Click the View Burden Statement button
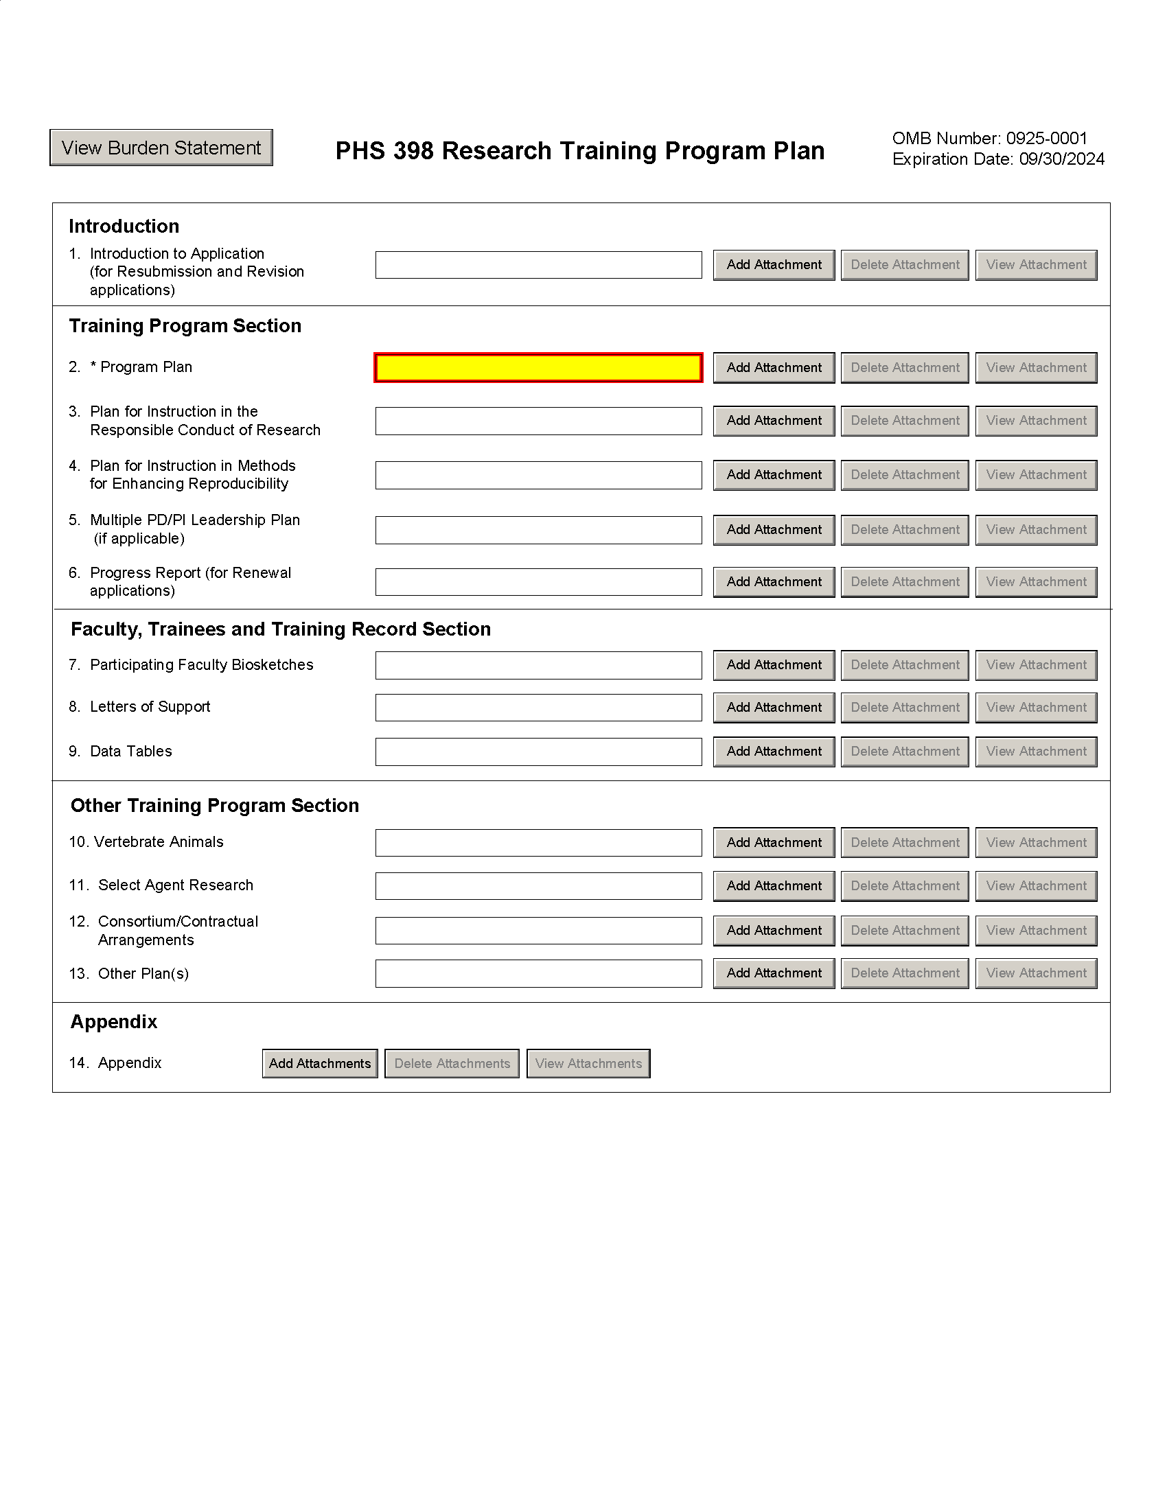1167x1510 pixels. (x=161, y=148)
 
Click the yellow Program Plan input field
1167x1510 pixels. (x=538, y=368)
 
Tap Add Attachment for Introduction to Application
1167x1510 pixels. (x=774, y=265)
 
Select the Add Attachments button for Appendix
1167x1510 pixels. (x=319, y=1063)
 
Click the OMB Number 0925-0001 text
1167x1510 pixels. (x=989, y=138)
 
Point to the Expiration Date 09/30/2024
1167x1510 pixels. (x=997, y=159)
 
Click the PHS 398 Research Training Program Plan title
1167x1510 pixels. (x=579, y=151)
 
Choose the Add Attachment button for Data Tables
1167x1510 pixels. (x=774, y=752)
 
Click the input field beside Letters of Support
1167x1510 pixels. (x=538, y=707)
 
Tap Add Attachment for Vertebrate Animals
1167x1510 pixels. (x=774, y=843)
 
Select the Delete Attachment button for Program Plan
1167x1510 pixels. (x=904, y=368)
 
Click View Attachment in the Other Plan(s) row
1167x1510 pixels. (x=1036, y=973)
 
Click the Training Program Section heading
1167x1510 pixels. (x=185, y=325)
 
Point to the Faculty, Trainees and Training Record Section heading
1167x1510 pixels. (x=281, y=629)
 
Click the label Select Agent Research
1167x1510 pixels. (x=176, y=885)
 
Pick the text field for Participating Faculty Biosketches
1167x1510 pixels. (x=538, y=665)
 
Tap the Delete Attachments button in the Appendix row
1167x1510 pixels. (x=452, y=1063)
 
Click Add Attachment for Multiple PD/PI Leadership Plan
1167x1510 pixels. (x=774, y=531)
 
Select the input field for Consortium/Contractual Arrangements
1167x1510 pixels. (x=538, y=931)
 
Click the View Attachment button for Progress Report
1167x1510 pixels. (x=1036, y=582)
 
